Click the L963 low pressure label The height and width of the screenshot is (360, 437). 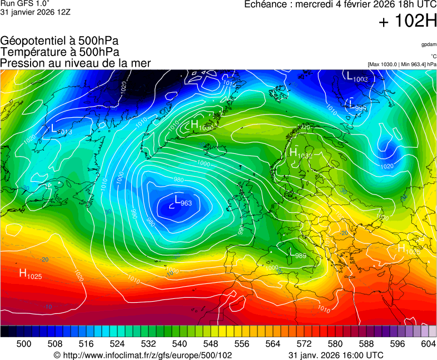point(183,201)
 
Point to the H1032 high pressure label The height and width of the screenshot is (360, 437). point(301,153)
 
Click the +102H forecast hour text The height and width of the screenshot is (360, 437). point(407,22)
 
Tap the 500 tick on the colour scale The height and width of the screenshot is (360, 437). point(24,344)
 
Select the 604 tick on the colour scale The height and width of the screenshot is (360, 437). point(428,344)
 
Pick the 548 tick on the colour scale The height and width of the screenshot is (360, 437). point(226,344)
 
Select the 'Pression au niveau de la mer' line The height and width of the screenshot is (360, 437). point(75,63)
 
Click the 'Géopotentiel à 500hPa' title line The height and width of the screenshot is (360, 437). point(59,41)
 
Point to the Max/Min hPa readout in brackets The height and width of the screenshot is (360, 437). point(402,64)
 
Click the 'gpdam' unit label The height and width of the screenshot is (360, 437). point(429,44)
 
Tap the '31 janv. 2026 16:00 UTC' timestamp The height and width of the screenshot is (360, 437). point(336,355)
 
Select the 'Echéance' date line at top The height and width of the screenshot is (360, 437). point(340,4)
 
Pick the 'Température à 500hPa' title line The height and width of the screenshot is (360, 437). point(59,52)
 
